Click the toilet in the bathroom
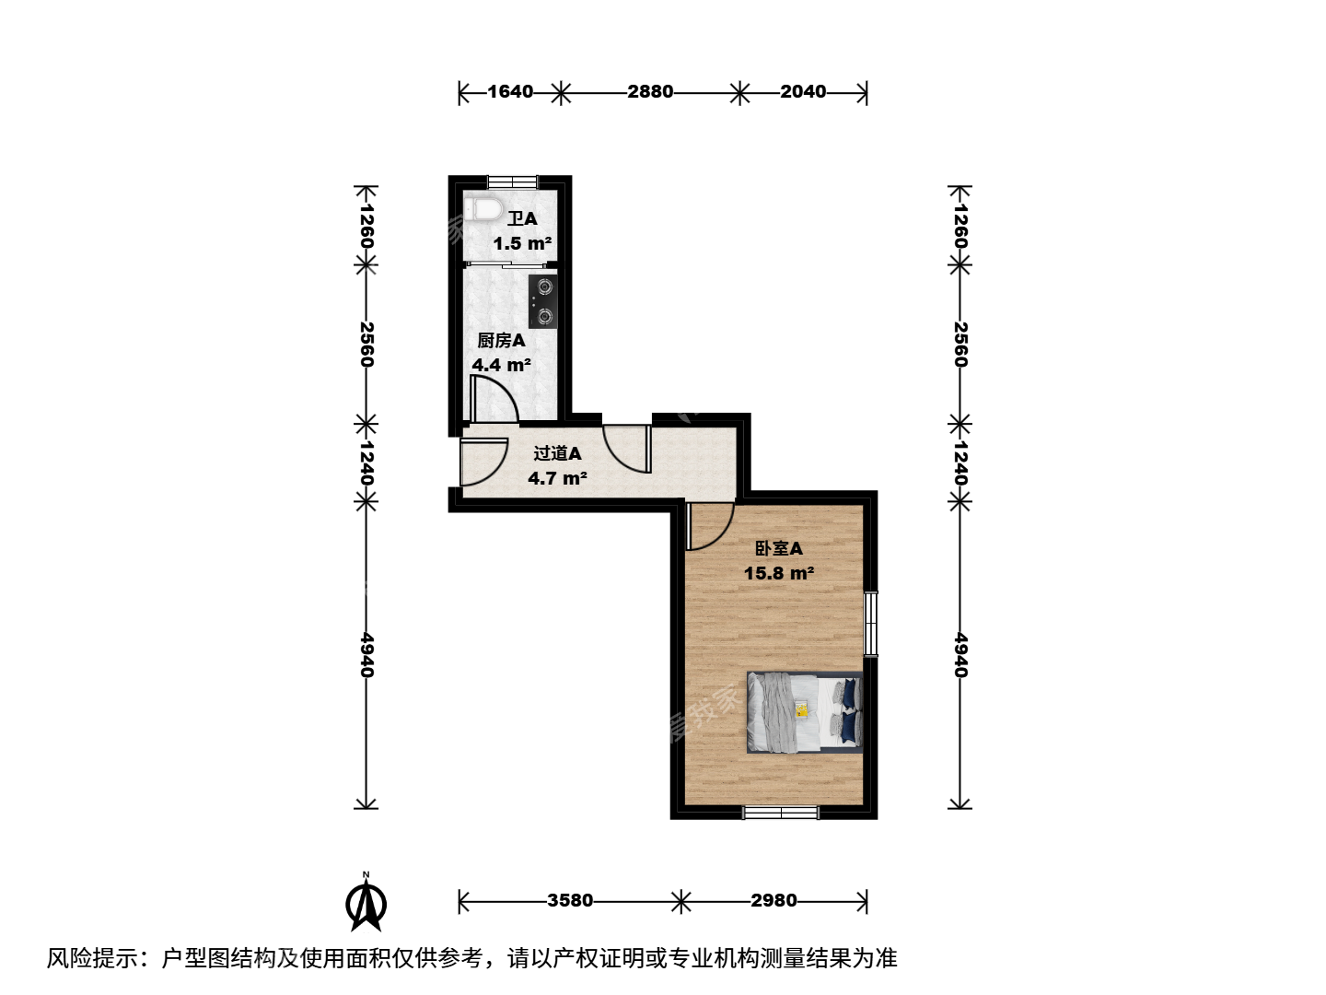coord(483,209)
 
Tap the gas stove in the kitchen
coord(541,301)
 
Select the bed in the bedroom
coord(804,712)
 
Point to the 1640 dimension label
coord(510,92)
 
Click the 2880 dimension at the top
coord(650,92)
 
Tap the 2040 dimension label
coord(803,92)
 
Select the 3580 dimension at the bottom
coord(570,900)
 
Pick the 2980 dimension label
coord(773,900)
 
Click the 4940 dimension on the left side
coord(366,655)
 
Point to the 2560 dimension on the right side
coord(960,345)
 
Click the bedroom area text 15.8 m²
coord(779,573)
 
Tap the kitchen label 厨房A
coord(502,341)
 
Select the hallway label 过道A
coord(557,453)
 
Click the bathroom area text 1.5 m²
coord(522,243)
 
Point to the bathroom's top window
coord(512,181)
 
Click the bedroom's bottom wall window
coord(781,813)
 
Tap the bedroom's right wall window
coord(870,624)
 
